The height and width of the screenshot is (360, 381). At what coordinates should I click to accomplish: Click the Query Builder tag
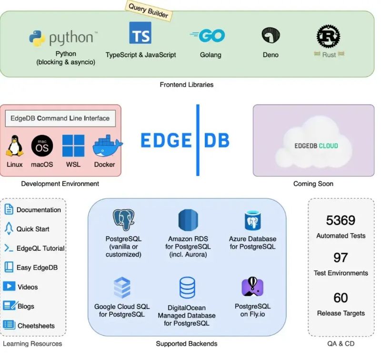149,11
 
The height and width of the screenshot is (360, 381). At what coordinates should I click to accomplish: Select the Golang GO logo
208,35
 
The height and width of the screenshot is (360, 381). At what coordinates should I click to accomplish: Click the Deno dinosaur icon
271,35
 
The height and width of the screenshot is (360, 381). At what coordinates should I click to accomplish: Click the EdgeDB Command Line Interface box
60,118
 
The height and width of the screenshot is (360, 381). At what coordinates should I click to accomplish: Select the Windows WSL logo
73,146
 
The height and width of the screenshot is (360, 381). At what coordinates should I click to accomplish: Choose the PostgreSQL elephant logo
123,220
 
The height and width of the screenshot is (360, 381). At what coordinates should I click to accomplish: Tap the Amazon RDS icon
188,220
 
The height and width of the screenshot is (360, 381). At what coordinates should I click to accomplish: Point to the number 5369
341,220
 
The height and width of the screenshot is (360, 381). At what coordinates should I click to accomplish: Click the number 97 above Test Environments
341,257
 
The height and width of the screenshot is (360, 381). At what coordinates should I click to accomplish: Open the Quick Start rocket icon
9,229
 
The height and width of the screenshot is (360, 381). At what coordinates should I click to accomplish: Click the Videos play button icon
9,287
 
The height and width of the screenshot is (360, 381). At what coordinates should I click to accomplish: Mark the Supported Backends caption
187,343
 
